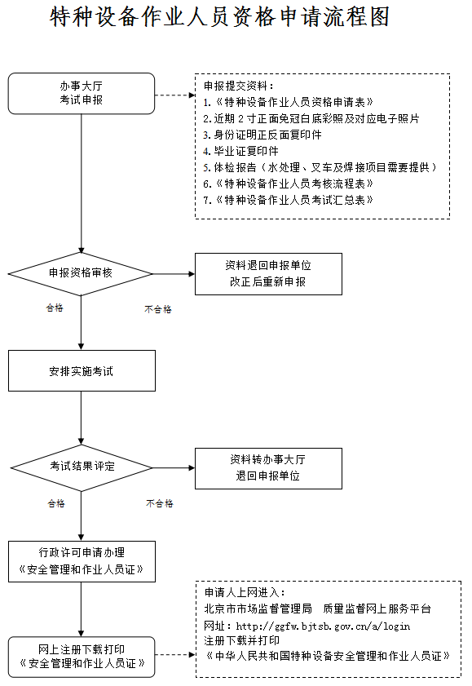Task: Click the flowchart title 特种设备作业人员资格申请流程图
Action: [x=219, y=17]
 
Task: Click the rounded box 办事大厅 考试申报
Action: [x=82, y=94]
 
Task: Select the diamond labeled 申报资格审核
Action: [x=81, y=274]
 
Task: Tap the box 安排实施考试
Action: [x=82, y=370]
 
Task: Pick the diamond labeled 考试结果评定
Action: [x=82, y=467]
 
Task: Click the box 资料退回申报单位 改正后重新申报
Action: [x=268, y=274]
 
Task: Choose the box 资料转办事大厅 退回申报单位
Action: [x=268, y=468]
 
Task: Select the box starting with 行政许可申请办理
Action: [x=82, y=561]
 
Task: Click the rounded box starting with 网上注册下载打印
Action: [x=82, y=657]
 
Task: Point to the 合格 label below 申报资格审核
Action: [x=55, y=308]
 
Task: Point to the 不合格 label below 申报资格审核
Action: [x=158, y=309]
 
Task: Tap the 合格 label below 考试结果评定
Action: [x=56, y=503]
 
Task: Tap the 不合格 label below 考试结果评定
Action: [x=160, y=503]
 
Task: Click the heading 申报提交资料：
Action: [x=239, y=86]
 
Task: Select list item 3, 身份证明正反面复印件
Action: [x=262, y=135]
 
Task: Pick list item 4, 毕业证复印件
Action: [x=240, y=151]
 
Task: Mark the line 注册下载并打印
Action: [x=241, y=640]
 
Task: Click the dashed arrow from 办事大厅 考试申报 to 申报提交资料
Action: [x=174, y=95]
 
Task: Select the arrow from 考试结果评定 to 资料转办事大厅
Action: [x=174, y=468]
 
